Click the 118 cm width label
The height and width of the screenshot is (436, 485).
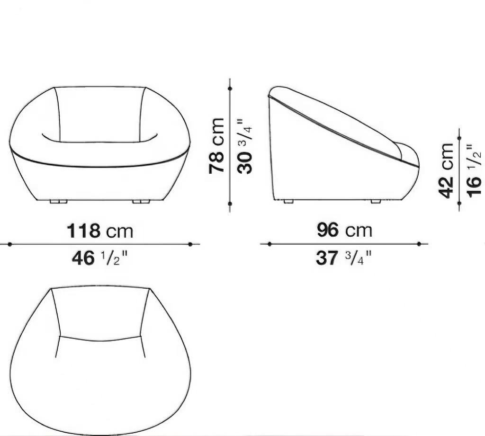100,231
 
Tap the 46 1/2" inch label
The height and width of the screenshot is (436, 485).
99,258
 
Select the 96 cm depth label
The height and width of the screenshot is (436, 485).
345,231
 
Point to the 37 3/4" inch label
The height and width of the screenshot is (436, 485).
343,258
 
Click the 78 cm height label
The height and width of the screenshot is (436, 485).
216,146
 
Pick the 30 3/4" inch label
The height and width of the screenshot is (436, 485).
245,146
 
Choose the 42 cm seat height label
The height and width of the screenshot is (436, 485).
446,170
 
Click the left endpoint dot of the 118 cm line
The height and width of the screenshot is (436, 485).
10,244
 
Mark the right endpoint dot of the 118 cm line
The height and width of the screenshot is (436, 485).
190,244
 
